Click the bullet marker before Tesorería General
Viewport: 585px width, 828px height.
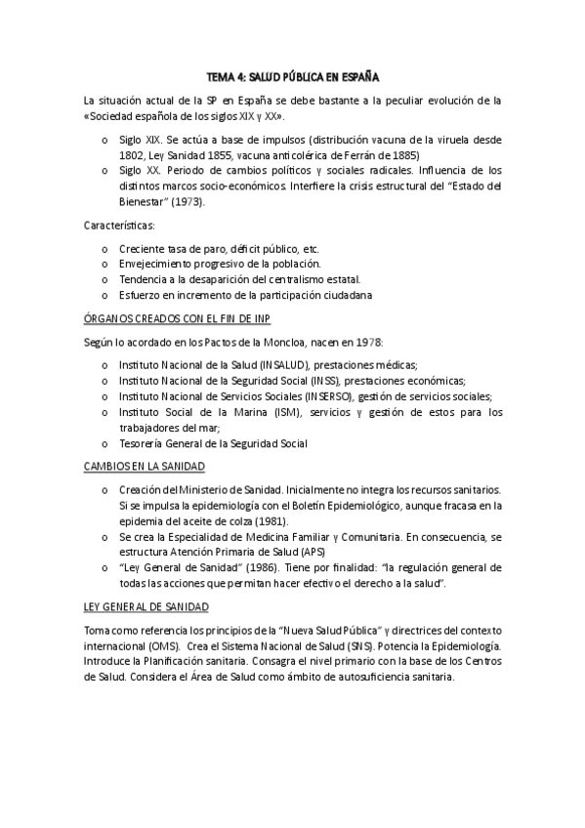(104, 443)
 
